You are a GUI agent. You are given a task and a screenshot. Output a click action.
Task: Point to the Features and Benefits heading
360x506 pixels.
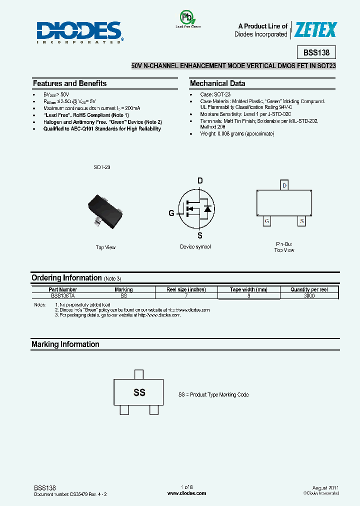[69, 83]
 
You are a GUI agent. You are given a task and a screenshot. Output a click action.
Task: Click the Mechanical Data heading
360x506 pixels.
[217, 83]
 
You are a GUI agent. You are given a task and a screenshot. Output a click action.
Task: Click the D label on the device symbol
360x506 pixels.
[200, 180]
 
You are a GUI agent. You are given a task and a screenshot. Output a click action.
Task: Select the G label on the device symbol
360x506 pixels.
[171, 213]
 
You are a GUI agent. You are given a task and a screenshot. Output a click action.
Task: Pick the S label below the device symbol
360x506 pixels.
[200, 235]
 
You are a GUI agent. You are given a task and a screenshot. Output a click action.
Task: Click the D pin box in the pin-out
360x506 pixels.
[284, 185]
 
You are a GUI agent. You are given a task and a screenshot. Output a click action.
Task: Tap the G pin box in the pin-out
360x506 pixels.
[267, 220]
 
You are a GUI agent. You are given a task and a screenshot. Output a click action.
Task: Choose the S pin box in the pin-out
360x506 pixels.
[301, 220]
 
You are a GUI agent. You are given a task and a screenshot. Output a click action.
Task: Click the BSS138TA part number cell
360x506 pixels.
[63, 295]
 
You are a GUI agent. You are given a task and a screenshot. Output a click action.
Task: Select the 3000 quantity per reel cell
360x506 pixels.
[309, 295]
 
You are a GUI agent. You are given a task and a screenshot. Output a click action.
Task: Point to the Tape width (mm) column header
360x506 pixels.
[248, 289]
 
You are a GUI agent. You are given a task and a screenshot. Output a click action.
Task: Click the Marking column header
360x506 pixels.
[123, 289]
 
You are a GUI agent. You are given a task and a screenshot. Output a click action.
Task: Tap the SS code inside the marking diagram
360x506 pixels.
[139, 392]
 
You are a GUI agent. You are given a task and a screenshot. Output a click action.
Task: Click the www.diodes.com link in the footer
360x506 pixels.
[186, 493]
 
